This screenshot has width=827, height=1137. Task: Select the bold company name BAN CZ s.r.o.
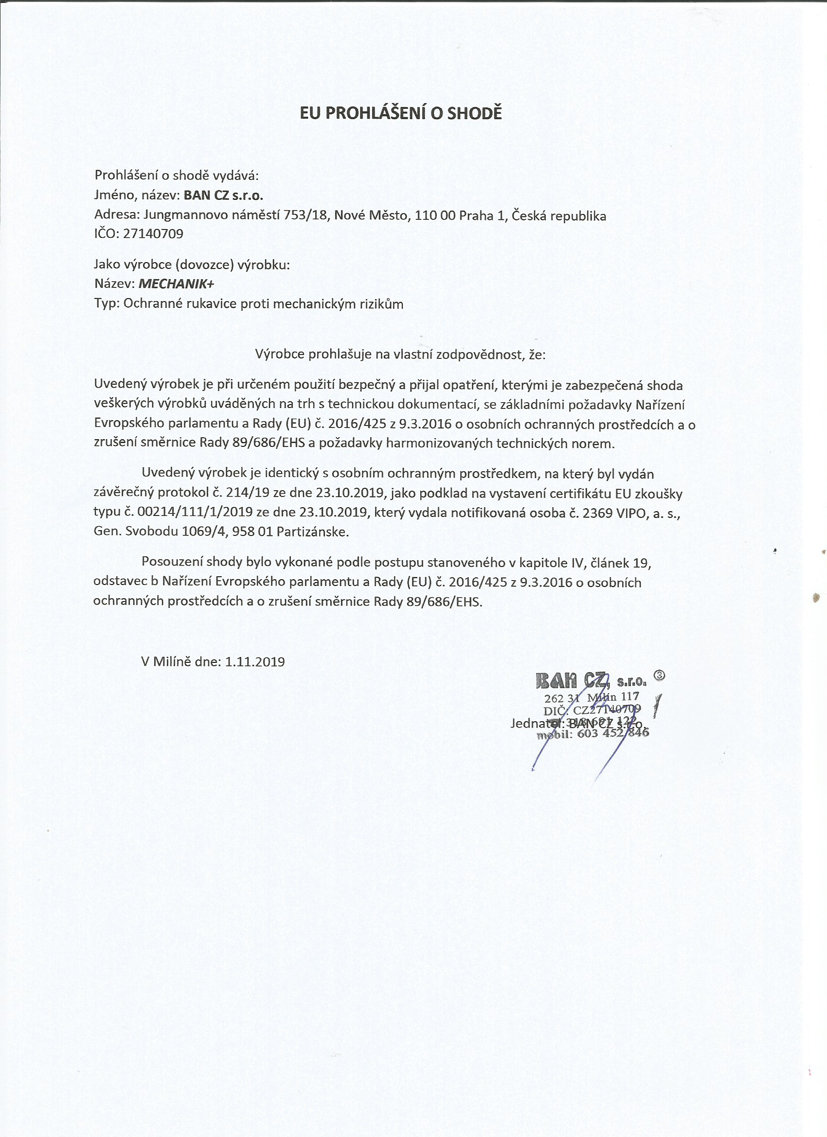coord(224,195)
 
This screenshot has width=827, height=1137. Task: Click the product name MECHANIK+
coord(176,284)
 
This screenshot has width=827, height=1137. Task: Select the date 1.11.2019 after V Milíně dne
coord(255,662)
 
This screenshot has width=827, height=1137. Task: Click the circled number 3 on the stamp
coord(660,675)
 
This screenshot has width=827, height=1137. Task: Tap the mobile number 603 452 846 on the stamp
coord(613,733)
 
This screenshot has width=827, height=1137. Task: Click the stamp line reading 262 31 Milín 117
coord(592,697)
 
